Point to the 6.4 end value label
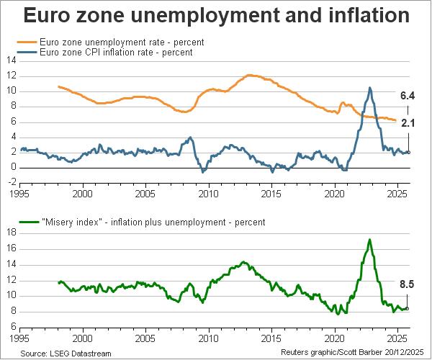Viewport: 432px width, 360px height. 408,96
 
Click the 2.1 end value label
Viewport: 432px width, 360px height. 408,123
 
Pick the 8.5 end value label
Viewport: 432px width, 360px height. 408,284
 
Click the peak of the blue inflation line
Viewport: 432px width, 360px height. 370,88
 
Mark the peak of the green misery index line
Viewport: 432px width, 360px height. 369,240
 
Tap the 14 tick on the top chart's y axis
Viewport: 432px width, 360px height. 11,60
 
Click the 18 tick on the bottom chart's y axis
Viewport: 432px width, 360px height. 11,233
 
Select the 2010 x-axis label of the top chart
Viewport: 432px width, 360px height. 209,194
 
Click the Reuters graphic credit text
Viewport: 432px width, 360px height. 354,354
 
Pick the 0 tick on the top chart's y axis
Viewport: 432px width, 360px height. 13,168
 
